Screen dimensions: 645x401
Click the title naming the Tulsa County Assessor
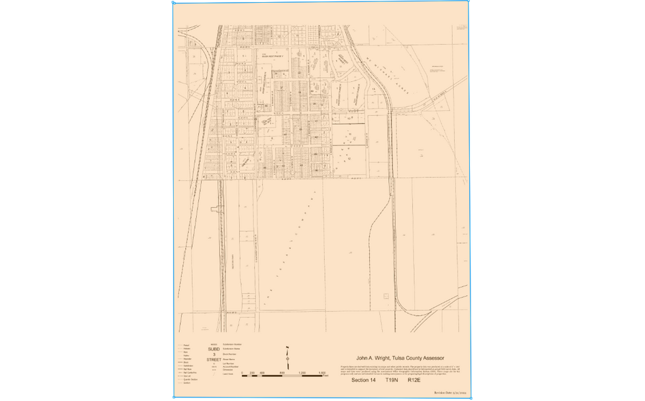pos(400,357)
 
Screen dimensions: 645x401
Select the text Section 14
pos(362,380)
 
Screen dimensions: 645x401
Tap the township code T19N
pos(392,380)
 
